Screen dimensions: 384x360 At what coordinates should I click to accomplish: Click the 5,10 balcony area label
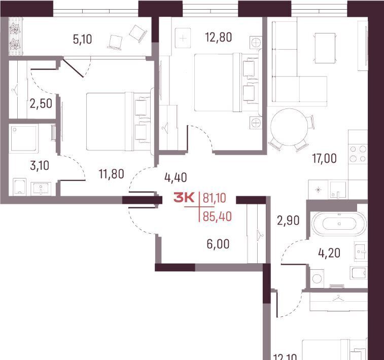(x=83, y=39)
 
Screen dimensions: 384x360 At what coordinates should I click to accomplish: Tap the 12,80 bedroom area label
(x=219, y=38)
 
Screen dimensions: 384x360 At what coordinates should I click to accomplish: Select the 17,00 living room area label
(x=324, y=158)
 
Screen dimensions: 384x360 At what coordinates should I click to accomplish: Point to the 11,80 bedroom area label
(x=112, y=174)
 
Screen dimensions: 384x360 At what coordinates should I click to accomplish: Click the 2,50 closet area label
(x=41, y=104)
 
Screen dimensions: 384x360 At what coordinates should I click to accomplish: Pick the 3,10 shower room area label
(x=40, y=166)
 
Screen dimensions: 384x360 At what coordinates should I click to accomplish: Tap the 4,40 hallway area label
(x=176, y=177)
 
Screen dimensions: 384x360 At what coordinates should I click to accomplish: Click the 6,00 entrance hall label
(x=218, y=244)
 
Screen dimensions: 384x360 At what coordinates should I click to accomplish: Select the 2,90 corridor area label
(x=288, y=221)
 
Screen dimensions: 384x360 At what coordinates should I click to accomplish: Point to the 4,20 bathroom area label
(x=329, y=253)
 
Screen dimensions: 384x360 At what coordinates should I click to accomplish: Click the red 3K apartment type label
(x=184, y=198)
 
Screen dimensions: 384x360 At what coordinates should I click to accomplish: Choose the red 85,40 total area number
(x=217, y=217)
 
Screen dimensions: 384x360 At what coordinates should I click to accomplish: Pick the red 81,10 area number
(x=214, y=198)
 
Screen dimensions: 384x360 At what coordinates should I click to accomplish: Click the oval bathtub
(x=339, y=224)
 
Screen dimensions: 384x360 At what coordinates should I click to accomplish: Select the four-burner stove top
(x=358, y=154)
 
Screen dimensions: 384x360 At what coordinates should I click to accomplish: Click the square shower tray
(x=24, y=138)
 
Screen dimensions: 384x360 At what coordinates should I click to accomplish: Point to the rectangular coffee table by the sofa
(x=325, y=48)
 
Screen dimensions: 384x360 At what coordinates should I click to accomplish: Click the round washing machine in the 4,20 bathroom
(x=317, y=278)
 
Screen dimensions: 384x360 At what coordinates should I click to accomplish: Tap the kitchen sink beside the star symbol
(x=338, y=190)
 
